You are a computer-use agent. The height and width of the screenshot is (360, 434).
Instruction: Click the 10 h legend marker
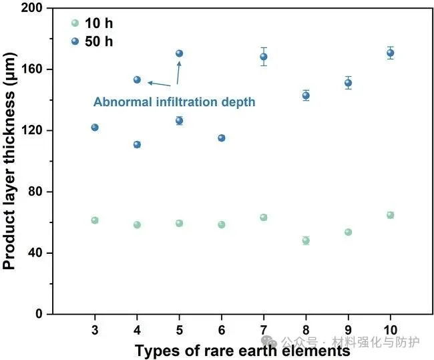(75, 23)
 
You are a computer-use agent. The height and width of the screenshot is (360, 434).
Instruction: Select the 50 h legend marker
(75, 41)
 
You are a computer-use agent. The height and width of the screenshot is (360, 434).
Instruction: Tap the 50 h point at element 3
(95, 128)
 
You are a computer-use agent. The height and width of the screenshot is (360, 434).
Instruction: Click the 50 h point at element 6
(222, 138)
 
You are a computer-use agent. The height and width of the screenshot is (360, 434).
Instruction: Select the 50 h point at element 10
(390, 53)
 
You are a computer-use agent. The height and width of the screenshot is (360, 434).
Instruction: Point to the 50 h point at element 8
(306, 96)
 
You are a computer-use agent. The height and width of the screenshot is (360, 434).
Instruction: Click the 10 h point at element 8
(306, 240)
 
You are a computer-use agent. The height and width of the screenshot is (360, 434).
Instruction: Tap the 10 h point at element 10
(390, 215)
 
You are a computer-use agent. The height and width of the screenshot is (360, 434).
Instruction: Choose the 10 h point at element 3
(95, 220)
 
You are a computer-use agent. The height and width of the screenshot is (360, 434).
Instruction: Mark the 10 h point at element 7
(264, 217)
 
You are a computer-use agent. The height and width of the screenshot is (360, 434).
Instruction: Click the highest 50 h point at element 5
(179, 53)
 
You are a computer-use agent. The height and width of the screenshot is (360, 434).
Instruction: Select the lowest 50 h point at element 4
(137, 144)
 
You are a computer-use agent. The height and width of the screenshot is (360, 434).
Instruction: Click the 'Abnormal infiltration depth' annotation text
(174, 102)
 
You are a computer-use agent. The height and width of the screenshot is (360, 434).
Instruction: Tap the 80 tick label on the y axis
(39, 192)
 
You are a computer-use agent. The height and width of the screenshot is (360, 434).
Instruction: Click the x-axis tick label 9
(348, 330)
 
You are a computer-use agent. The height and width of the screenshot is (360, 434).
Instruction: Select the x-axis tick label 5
(179, 330)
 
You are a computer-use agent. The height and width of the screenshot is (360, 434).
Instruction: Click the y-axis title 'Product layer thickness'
(9, 161)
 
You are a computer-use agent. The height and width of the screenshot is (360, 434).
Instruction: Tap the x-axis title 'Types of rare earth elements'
(242, 350)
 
